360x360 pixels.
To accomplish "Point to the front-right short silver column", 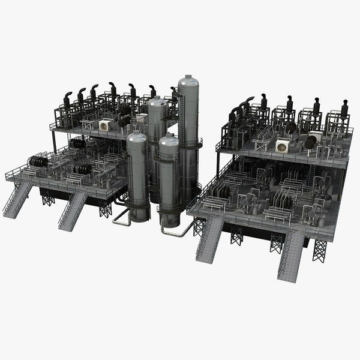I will tap(169, 180).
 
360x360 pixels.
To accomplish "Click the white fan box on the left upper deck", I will tap(106, 125).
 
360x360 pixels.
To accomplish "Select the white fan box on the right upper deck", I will tap(282, 146).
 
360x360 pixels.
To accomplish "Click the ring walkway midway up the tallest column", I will tap(190, 144).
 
